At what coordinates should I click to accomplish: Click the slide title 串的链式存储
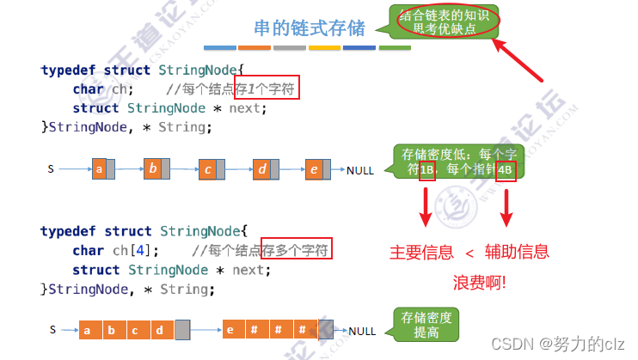(x=309, y=28)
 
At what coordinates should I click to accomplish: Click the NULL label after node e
(x=360, y=170)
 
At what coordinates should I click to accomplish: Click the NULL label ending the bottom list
(x=361, y=330)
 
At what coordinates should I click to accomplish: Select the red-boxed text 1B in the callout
(x=427, y=170)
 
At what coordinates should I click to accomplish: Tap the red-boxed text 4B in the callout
(x=506, y=170)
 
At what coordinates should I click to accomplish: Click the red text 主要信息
(x=421, y=253)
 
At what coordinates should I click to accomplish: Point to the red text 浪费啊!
(x=480, y=282)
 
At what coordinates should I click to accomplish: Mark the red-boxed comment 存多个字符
(x=298, y=250)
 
